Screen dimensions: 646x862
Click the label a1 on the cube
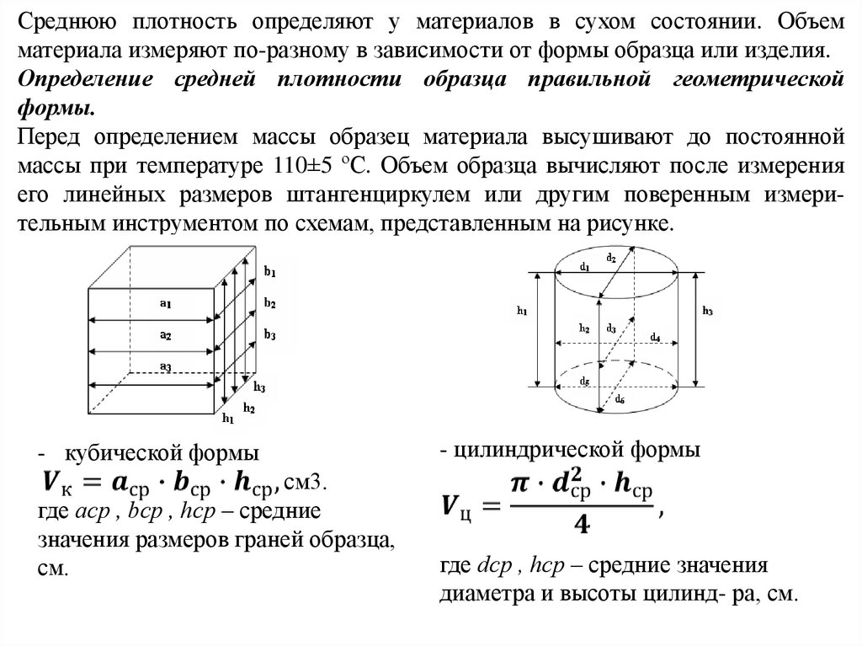(x=166, y=304)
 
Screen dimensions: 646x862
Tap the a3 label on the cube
(x=166, y=365)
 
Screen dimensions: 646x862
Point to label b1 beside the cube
(x=270, y=273)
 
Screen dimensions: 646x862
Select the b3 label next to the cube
(x=270, y=334)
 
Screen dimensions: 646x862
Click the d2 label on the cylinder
(x=611, y=259)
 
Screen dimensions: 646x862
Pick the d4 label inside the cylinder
(x=655, y=337)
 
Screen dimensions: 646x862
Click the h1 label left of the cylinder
(x=521, y=311)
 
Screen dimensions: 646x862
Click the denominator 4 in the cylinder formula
(x=580, y=525)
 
